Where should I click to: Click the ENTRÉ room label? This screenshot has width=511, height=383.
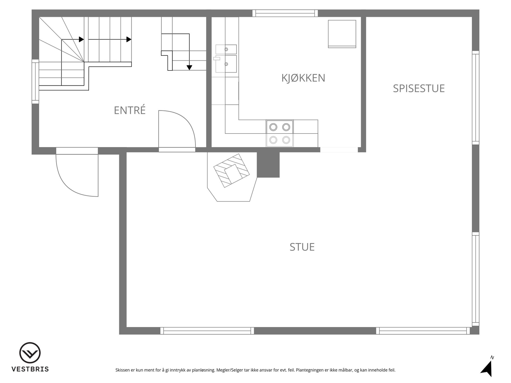130,110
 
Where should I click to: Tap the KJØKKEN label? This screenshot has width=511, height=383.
303,78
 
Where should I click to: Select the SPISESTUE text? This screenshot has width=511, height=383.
419,88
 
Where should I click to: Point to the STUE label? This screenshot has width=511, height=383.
302,247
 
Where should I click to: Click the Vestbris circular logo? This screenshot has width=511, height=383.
30,353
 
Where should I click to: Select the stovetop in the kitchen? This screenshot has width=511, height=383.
280,134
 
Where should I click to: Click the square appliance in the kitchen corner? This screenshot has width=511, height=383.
342,34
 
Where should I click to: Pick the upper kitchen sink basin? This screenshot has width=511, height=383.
226,49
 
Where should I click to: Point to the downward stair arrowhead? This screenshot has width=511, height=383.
189,68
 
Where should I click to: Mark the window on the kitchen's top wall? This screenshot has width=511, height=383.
285,13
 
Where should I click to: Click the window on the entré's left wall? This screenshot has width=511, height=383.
35,81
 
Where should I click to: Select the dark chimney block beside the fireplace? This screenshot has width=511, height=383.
268,165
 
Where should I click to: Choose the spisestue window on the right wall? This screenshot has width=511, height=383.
476,98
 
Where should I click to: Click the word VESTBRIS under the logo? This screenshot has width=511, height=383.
30,369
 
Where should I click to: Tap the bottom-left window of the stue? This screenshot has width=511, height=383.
207,331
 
